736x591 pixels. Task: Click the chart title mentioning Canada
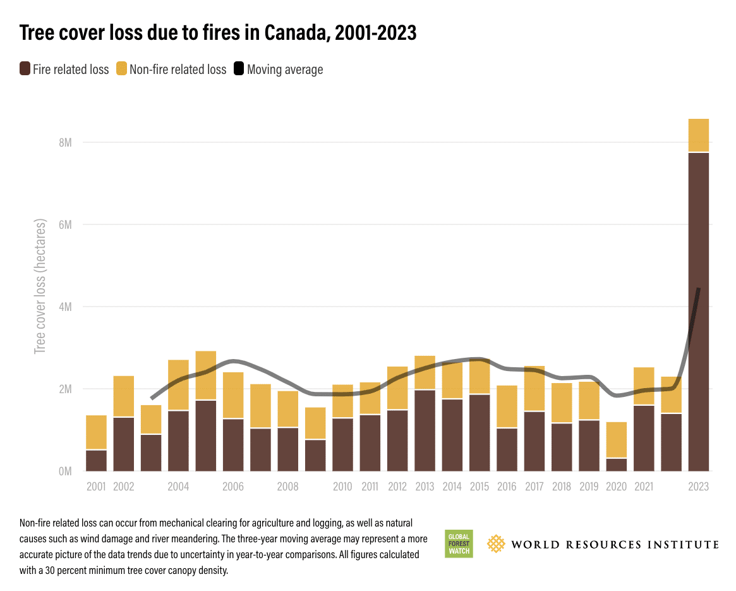(x=218, y=33)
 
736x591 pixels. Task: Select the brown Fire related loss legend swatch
(x=25, y=69)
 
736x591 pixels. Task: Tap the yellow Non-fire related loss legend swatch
(x=121, y=69)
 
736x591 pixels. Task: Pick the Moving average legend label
(x=285, y=70)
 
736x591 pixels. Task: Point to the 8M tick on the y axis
(x=65, y=143)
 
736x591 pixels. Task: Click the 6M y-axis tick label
(x=65, y=225)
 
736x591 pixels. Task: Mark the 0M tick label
(x=65, y=472)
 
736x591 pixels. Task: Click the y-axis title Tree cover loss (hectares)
(x=40, y=286)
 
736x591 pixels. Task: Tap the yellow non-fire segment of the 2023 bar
(x=698, y=135)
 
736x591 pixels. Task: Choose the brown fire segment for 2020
(x=616, y=465)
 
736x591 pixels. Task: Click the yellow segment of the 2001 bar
(x=96, y=432)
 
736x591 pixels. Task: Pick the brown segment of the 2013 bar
(x=425, y=430)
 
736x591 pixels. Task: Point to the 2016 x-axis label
(x=507, y=487)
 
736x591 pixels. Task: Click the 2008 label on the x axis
(x=287, y=487)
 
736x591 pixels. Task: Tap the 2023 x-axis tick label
(x=698, y=487)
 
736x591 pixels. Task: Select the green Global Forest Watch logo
(x=458, y=543)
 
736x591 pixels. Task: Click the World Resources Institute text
(x=615, y=544)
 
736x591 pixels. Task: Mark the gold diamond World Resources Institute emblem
(x=497, y=544)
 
